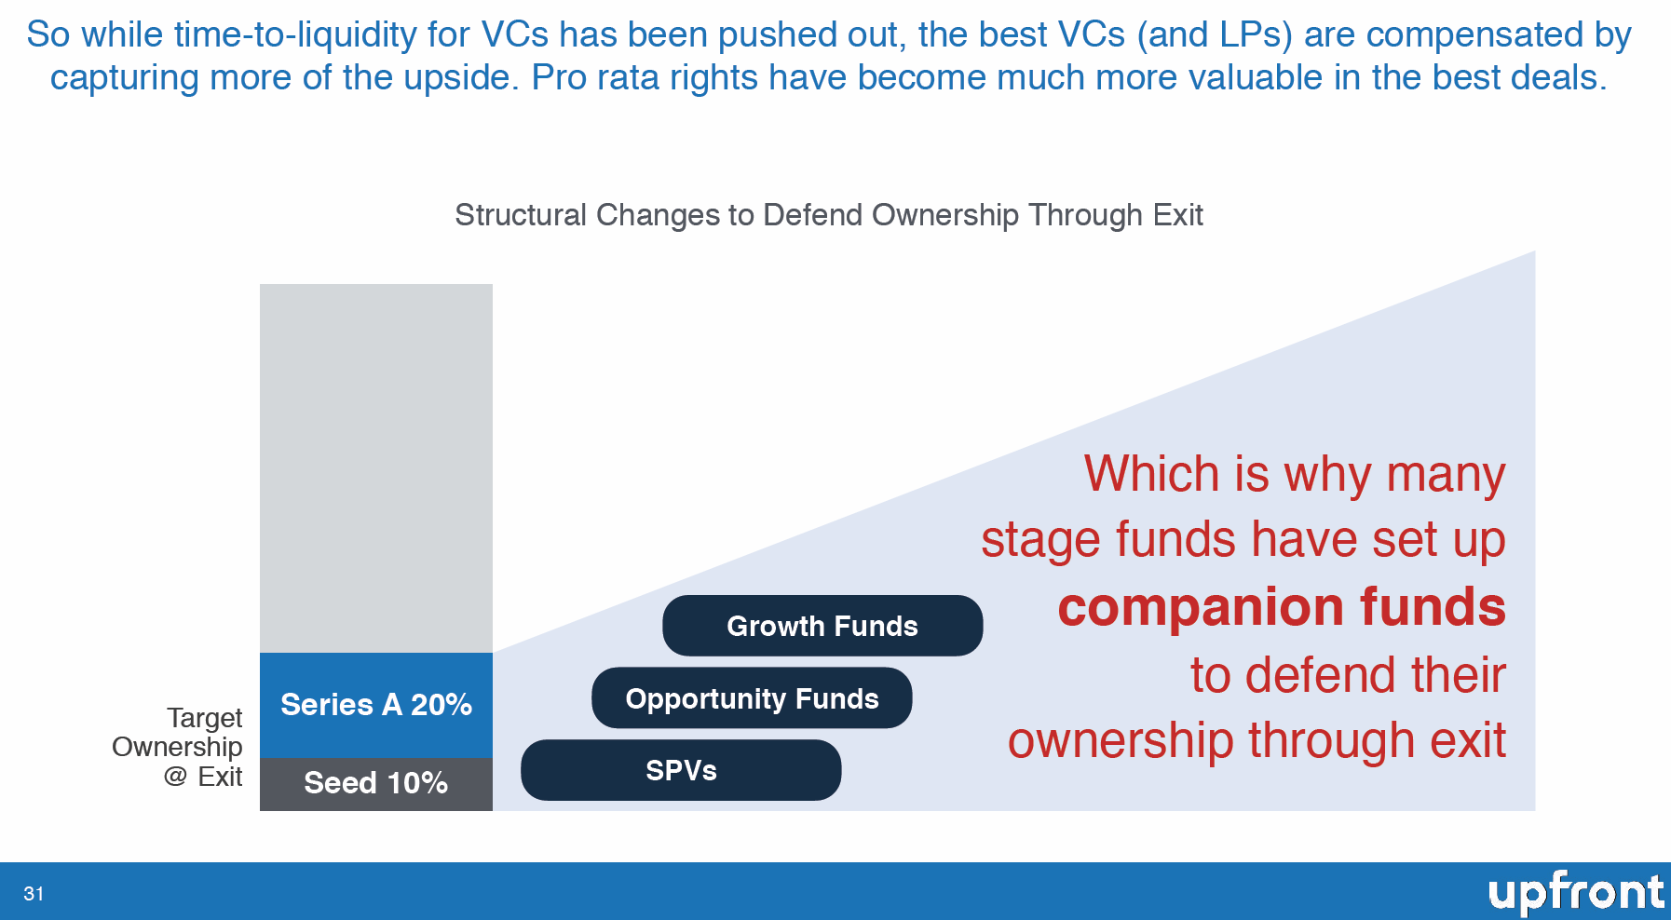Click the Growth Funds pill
click(822, 626)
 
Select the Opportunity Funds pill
click(752, 698)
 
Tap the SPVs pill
click(681, 770)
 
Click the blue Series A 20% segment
click(375, 705)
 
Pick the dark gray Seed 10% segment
click(375, 783)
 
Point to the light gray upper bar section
click(375, 466)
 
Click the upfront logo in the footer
click(1575, 892)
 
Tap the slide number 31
click(34, 894)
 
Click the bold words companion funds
click(1282, 607)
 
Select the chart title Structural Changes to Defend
click(828, 215)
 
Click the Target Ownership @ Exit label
click(186, 747)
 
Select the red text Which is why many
click(1294, 474)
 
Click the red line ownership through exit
click(1257, 741)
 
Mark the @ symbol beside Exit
click(175, 776)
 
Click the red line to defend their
click(1348, 675)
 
